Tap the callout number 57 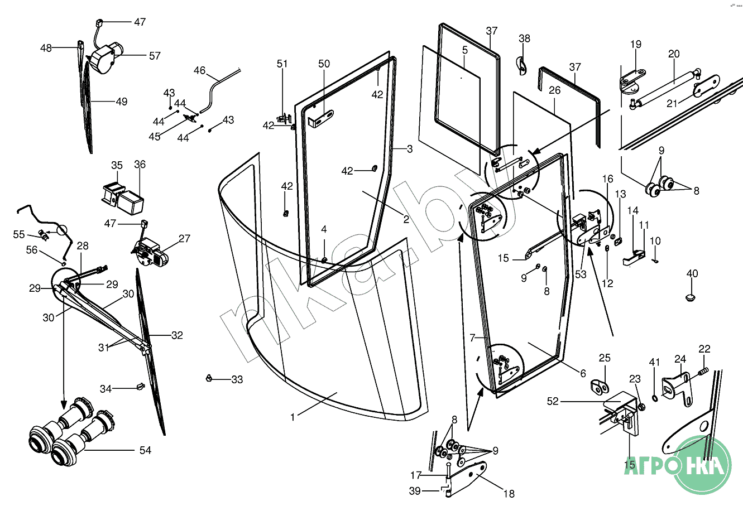pyautogui.click(x=155, y=56)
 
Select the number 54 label pyautogui.click(x=145, y=450)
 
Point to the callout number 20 pyautogui.click(x=674, y=54)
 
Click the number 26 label pyautogui.click(x=554, y=90)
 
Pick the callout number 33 pyautogui.click(x=237, y=380)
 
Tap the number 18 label pyautogui.click(x=509, y=493)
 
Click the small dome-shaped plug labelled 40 pyautogui.click(x=692, y=296)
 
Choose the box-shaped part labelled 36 pyautogui.click(x=133, y=202)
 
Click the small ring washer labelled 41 pyautogui.click(x=655, y=397)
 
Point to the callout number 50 pyautogui.click(x=324, y=64)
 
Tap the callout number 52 pyautogui.click(x=553, y=401)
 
